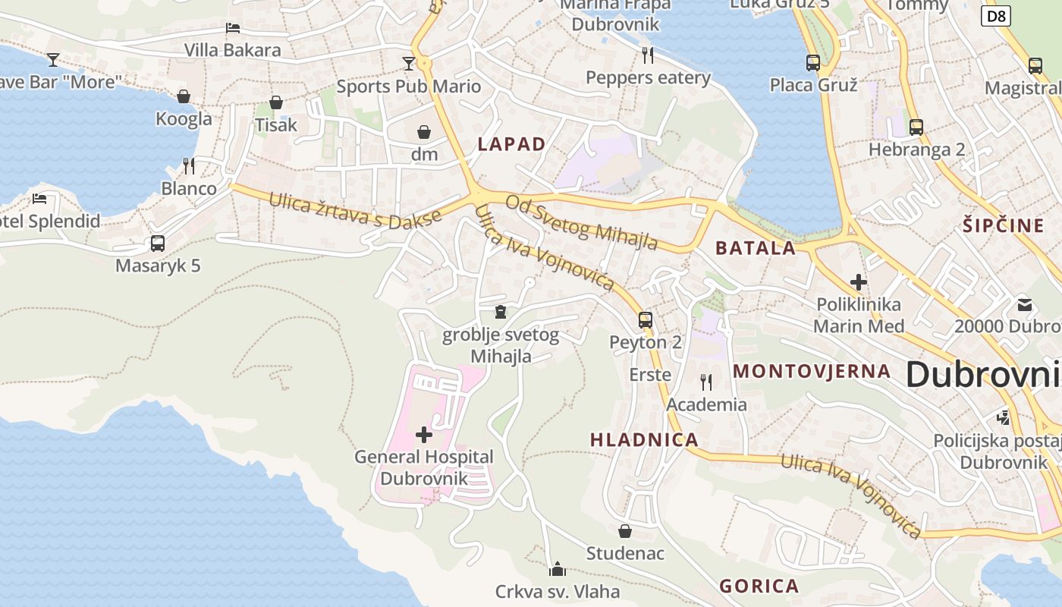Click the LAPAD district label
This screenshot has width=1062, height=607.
click(x=511, y=144)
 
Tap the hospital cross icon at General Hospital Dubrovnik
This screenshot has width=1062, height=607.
click(x=424, y=435)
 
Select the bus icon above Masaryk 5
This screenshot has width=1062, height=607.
click(x=158, y=244)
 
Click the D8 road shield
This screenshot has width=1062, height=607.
click(x=996, y=16)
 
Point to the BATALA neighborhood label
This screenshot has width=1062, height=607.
click(x=756, y=247)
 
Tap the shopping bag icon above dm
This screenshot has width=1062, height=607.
click(x=424, y=132)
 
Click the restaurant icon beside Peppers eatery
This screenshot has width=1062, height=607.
click(x=647, y=55)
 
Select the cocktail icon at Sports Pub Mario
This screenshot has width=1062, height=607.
click(x=409, y=63)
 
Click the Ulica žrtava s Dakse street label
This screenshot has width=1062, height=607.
click(x=355, y=209)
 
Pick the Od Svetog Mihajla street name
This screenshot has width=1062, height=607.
click(x=582, y=222)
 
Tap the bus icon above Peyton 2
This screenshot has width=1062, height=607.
click(x=645, y=320)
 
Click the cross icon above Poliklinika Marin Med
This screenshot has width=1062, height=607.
click(x=859, y=283)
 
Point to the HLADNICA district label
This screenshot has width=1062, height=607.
click(x=644, y=439)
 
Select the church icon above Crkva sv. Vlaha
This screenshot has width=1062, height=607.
click(x=558, y=568)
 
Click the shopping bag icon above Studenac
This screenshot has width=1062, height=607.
click(x=625, y=531)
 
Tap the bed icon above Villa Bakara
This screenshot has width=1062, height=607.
click(x=233, y=28)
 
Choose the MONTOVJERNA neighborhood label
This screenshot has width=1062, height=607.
click(x=812, y=371)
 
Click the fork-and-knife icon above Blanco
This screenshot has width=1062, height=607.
click(x=189, y=165)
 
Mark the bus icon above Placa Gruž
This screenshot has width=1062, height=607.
click(x=813, y=63)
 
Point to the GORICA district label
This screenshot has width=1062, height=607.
click(x=759, y=586)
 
